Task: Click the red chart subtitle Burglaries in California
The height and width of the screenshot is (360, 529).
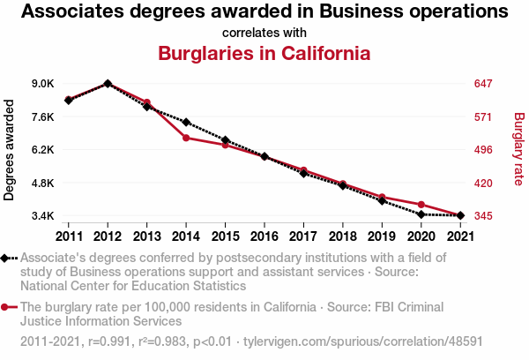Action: pos(264,53)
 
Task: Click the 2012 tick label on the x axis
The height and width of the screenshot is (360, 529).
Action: pos(108,236)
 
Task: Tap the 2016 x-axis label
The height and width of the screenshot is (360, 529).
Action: pos(264,236)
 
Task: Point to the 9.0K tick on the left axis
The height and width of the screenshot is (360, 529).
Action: pos(43,84)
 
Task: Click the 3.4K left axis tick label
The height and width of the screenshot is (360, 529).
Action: pos(43,216)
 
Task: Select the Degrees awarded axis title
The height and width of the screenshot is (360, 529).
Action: pos(10,150)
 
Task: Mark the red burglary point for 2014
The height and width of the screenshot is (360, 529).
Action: pos(186,138)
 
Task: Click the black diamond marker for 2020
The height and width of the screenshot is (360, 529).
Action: pos(421,214)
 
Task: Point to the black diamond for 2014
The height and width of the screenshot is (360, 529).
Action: pos(186,122)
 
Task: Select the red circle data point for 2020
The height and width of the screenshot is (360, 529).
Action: pos(421,205)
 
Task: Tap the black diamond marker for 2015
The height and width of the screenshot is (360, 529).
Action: pos(226,140)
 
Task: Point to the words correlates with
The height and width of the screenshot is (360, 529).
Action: pos(264,34)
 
